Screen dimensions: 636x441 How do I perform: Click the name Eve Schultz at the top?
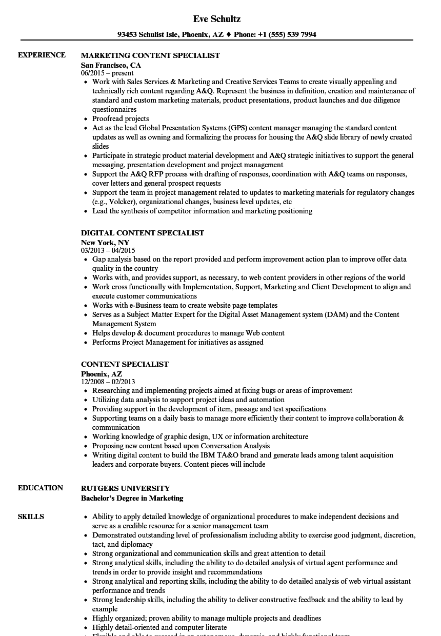(x=217, y=19)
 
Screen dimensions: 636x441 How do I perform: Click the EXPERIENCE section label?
(x=42, y=55)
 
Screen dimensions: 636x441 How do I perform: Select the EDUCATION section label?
(x=41, y=488)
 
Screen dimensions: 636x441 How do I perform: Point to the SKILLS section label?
(x=31, y=516)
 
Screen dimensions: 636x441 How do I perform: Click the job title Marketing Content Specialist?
(x=150, y=55)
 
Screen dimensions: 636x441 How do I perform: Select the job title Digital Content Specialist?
(x=143, y=233)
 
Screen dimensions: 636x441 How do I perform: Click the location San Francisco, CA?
(x=111, y=65)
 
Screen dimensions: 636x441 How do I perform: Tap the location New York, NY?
(x=105, y=243)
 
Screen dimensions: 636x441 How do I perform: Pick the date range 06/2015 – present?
(x=107, y=73)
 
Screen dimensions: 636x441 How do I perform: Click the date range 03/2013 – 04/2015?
(x=108, y=251)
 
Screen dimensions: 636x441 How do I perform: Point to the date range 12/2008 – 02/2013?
(x=108, y=382)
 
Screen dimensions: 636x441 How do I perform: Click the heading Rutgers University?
(x=125, y=488)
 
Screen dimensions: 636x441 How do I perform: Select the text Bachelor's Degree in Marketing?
(x=132, y=498)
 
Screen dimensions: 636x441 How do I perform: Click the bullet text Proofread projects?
(x=121, y=118)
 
